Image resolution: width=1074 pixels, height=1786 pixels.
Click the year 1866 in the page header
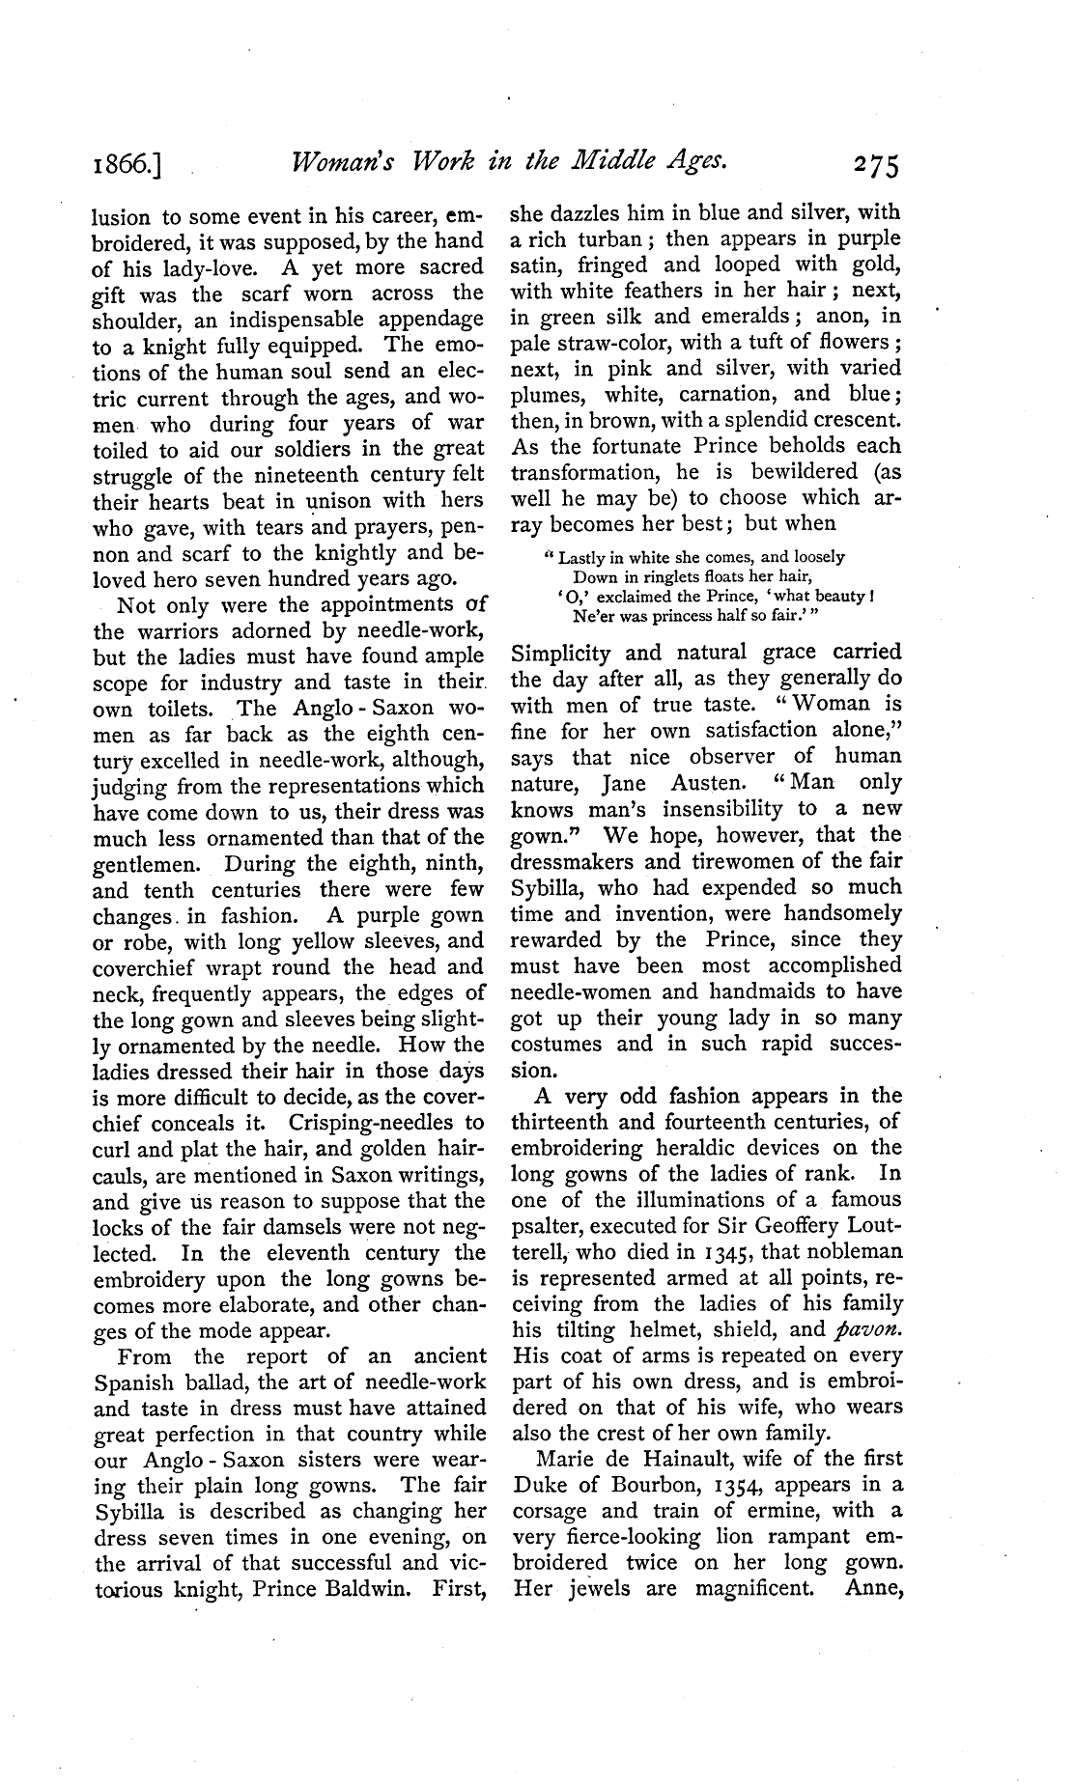click(x=126, y=165)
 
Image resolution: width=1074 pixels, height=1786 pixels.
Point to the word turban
click(x=605, y=237)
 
